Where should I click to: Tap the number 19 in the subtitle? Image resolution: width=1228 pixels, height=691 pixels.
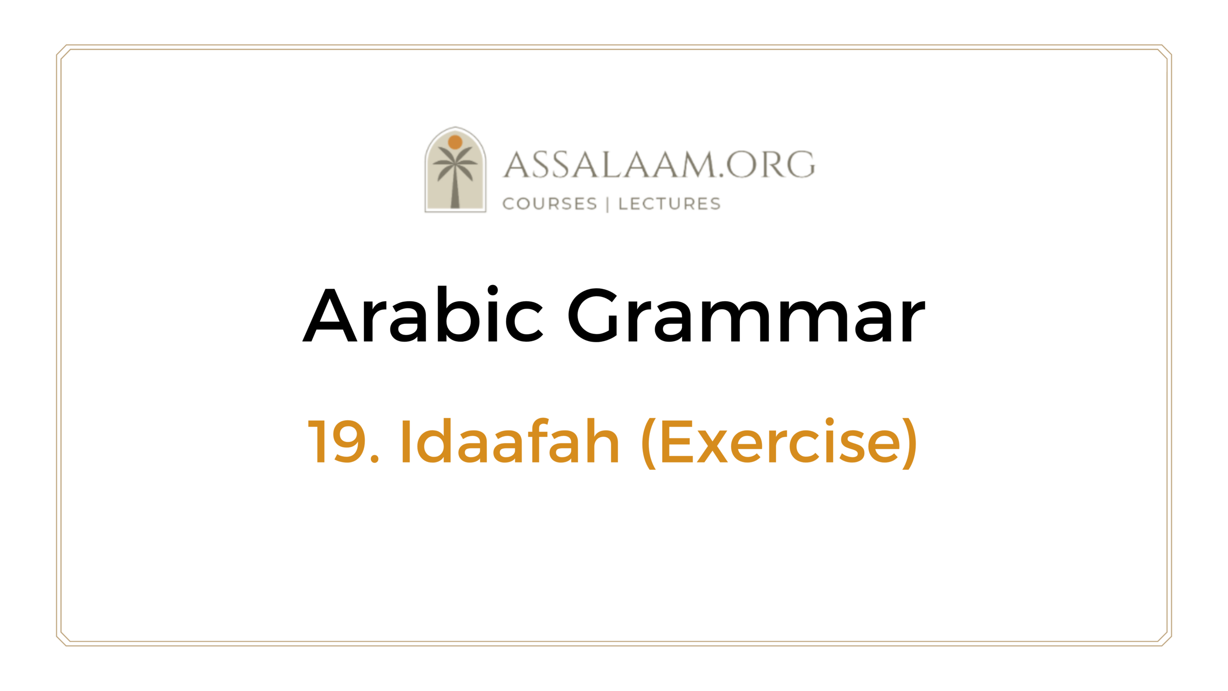337,441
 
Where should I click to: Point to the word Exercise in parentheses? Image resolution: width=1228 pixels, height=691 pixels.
781,441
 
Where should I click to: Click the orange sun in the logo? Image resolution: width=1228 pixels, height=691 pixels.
455,142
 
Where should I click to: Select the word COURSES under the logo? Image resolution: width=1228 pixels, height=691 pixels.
549,203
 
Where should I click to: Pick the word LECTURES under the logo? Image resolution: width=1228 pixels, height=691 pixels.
670,203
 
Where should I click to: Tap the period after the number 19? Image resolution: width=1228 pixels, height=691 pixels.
375,459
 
